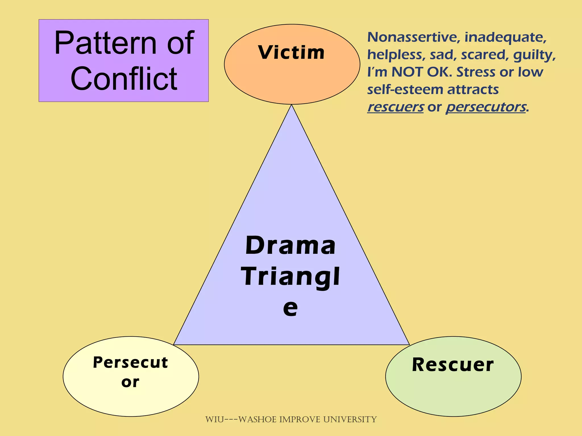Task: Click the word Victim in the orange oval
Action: [291, 53]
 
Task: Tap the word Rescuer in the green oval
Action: [453, 365]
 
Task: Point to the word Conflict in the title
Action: [124, 79]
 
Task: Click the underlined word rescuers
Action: [395, 107]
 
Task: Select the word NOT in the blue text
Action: [408, 72]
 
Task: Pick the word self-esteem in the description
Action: [405, 90]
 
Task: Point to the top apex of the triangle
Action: [291, 105]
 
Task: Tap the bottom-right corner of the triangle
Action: [409, 344]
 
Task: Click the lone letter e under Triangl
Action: [290, 308]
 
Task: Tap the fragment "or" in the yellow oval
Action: [130, 382]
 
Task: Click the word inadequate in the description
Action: [505, 37]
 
